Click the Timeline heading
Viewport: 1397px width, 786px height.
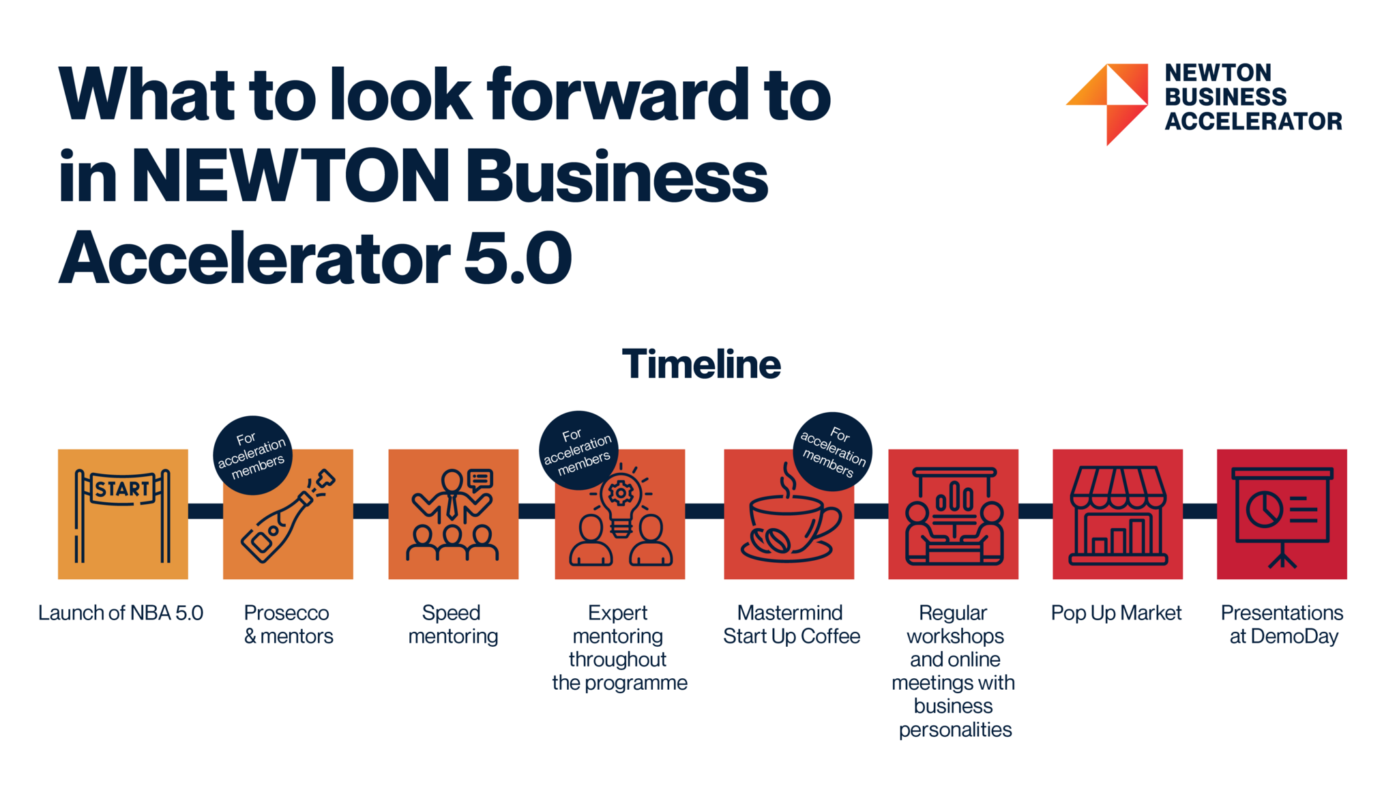701,364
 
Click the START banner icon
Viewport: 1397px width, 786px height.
123,515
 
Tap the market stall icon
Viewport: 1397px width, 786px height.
1117,515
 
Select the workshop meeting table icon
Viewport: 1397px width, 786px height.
954,516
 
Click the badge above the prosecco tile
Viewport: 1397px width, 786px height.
253,455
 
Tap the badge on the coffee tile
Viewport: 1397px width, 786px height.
832,452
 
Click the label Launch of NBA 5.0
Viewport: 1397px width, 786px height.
121,613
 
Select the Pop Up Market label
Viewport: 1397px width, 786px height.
1116,613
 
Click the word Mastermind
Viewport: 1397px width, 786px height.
790,613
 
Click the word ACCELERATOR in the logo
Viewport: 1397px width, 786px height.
1254,121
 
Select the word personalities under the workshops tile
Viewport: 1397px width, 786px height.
955,729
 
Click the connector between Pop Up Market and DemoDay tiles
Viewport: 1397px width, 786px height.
1200,511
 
